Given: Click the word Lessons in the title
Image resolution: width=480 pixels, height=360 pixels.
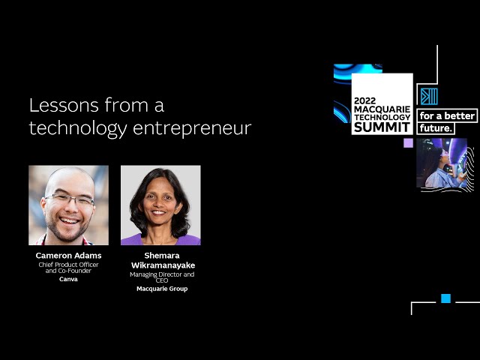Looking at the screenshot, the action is (64, 105).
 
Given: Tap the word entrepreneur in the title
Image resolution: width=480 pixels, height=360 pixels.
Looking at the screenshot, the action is (192, 128).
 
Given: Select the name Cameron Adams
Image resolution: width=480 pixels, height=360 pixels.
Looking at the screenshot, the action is (68, 255).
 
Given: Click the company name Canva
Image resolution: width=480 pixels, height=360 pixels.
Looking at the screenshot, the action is (68, 279).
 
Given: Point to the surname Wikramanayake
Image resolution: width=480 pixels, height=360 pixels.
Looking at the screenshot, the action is (163, 265).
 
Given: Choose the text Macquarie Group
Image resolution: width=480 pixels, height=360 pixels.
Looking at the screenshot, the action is (162, 289).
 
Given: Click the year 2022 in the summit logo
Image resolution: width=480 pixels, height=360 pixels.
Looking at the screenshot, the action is (364, 101).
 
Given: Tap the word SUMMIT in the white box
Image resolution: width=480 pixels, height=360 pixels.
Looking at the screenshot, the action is (382, 127).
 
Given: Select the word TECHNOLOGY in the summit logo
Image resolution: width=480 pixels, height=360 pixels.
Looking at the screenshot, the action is (382, 117).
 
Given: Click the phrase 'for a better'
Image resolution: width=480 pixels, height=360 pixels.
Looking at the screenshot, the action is (447, 115).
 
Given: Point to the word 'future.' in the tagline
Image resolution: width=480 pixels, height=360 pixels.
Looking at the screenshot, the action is (436, 128).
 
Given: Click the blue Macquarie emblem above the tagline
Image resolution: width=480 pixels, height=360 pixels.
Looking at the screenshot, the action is (429, 97).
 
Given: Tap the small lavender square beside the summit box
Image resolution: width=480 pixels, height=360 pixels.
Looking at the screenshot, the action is (408, 143).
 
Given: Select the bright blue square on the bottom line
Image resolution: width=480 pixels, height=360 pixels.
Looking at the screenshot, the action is (445, 298).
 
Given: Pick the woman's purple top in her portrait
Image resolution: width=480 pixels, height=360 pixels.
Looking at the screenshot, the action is (160, 240).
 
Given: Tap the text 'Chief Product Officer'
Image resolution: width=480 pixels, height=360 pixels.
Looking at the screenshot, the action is (68, 265).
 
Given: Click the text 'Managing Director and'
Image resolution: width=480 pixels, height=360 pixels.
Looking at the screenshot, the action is (162, 274).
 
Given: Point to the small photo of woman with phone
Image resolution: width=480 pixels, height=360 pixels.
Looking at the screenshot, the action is (442, 163).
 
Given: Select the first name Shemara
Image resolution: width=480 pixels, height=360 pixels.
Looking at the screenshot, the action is (162, 255).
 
